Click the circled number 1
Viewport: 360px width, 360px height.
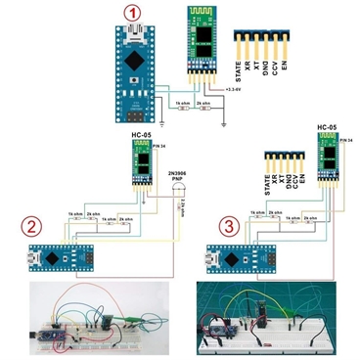[x=132, y=14]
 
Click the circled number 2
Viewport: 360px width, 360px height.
[x=31, y=228]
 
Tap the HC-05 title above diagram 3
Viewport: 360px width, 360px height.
[x=327, y=127]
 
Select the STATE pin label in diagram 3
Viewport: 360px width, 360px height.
[x=267, y=180]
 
